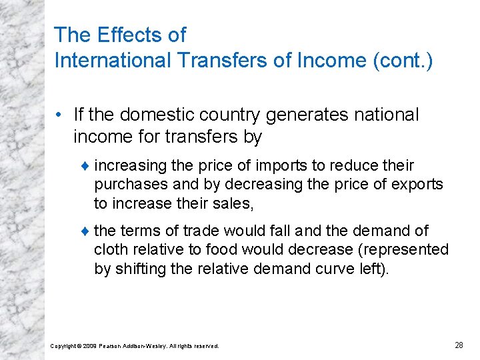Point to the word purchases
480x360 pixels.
click(x=125, y=184)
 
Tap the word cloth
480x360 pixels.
click(x=109, y=249)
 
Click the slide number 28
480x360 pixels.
click(x=459, y=345)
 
